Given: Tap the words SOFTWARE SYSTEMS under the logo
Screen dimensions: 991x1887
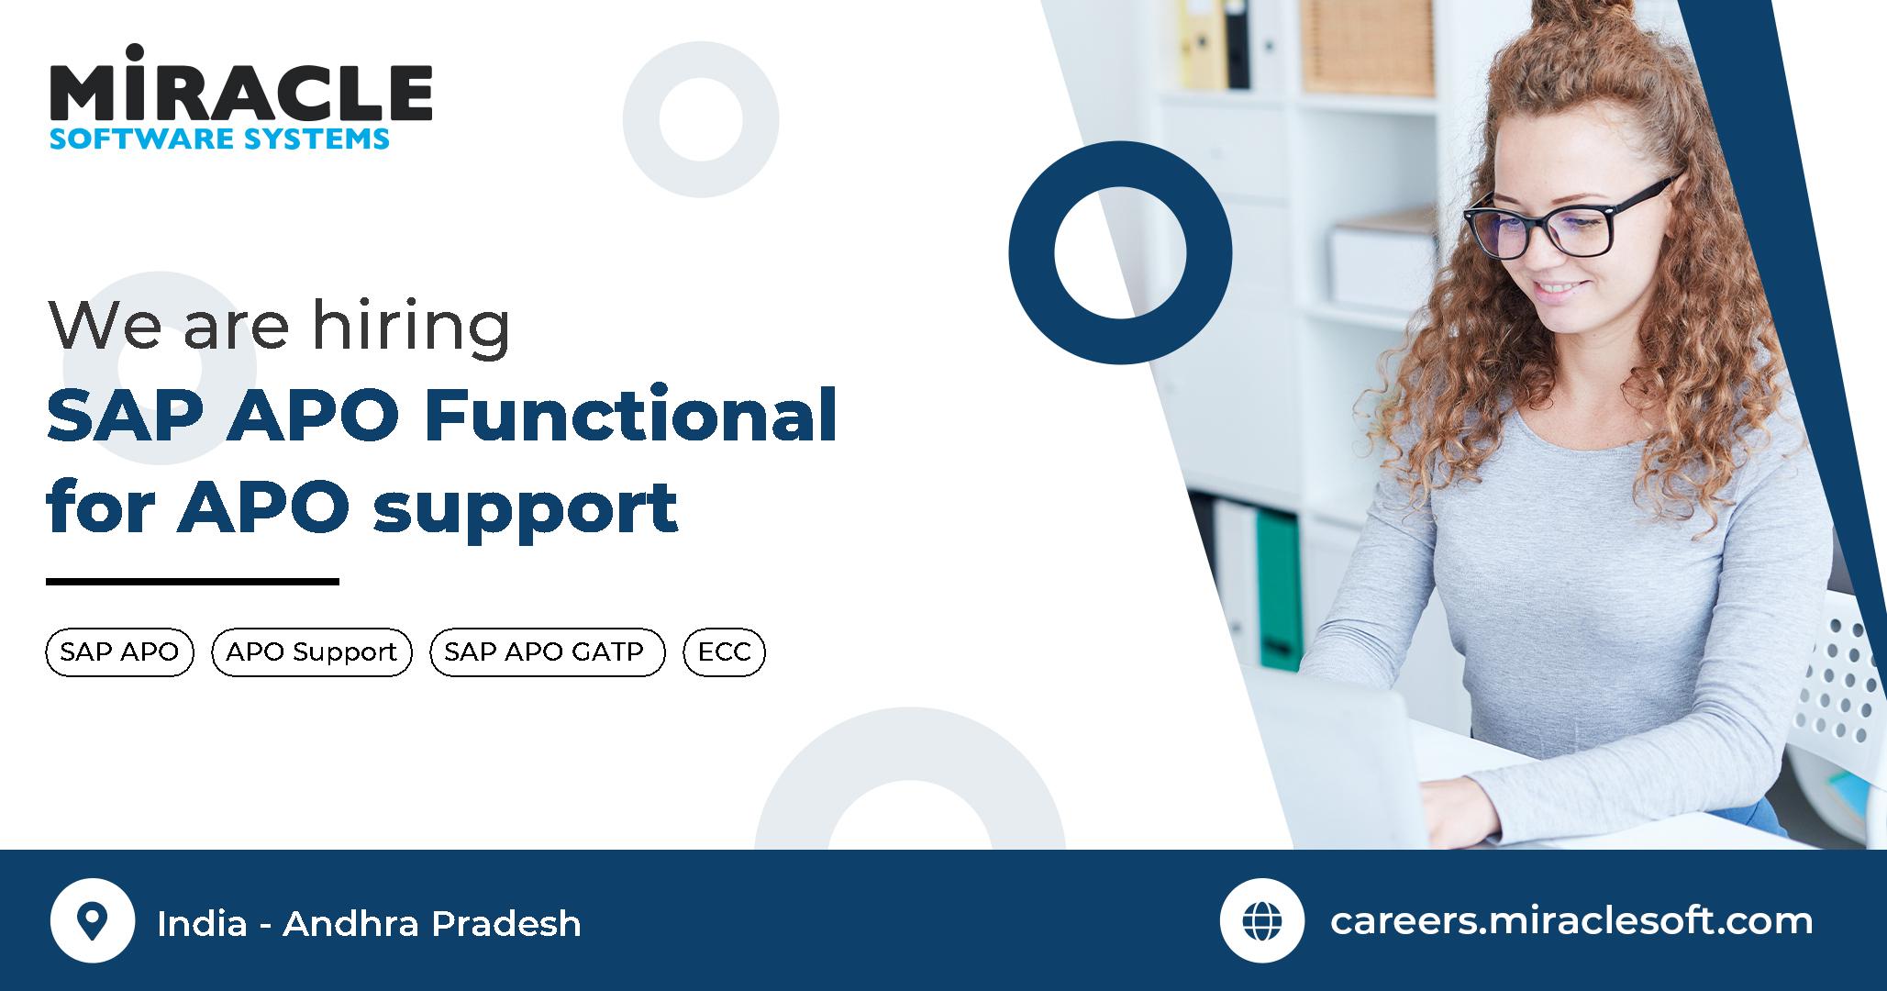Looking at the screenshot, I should (220, 139).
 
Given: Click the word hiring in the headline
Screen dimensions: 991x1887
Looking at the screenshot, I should (410, 325).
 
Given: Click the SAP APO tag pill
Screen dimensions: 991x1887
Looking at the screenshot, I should (119, 652).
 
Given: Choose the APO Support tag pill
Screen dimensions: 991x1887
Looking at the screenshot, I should (312, 652).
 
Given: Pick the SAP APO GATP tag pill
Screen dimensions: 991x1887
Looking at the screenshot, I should (547, 652).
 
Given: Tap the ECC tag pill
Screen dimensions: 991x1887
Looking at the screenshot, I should (724, 652).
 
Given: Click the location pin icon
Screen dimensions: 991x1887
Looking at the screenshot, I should (92, 920).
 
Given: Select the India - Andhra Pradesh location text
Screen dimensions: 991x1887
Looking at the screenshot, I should (369, 923).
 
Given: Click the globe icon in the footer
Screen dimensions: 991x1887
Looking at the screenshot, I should (1261, 920).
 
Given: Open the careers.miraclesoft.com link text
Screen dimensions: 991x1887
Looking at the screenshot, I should (1571, 921).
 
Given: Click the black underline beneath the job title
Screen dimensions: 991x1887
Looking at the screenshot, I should (193, 581).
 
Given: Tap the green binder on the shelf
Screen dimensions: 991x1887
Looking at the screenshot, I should (1278, 587).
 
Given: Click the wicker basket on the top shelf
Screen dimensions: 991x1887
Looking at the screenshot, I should (1367, 46).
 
